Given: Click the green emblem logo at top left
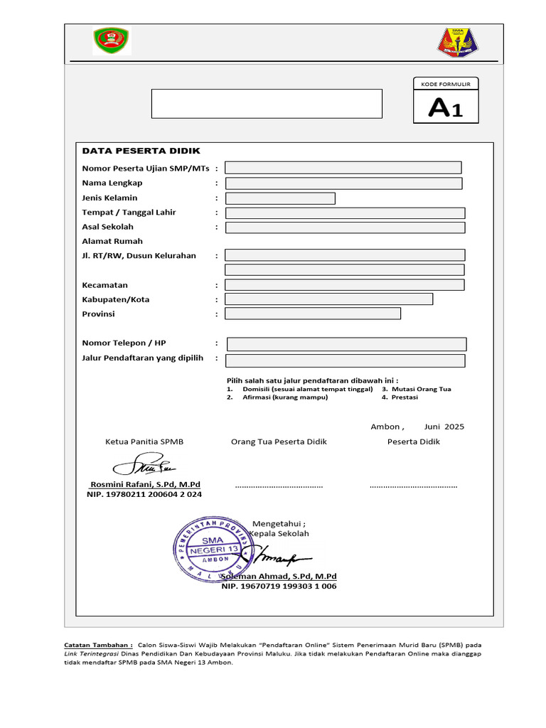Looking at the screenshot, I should coord(111,41).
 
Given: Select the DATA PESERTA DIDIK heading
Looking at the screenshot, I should coord(141,151).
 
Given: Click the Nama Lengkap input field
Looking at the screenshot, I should coord(343,183).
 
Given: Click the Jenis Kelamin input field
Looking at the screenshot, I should coord(280,198).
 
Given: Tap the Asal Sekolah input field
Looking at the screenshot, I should coord(345,227).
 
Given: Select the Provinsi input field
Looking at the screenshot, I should coord(313,314).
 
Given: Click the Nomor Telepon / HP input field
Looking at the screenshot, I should coord(346,344).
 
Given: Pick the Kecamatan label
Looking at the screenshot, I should coord(105,285).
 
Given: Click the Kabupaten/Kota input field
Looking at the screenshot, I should coord(328,299).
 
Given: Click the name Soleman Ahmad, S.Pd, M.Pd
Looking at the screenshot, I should coord(279,576).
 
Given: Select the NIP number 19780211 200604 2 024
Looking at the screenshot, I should coord(144,494).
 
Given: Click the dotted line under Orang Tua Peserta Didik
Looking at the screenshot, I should coord(279,486).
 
